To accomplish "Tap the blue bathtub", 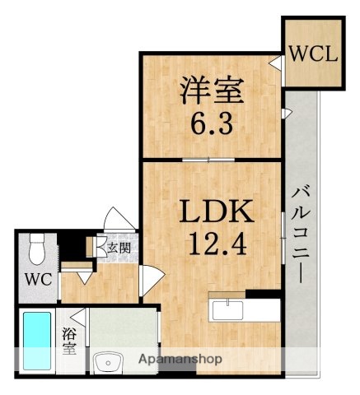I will (x=36, y=342).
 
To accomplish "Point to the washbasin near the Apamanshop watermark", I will (x=106, y=363).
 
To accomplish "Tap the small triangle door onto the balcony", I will (x=287, y=110).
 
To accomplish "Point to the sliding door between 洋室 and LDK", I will (x=213, y=158).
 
